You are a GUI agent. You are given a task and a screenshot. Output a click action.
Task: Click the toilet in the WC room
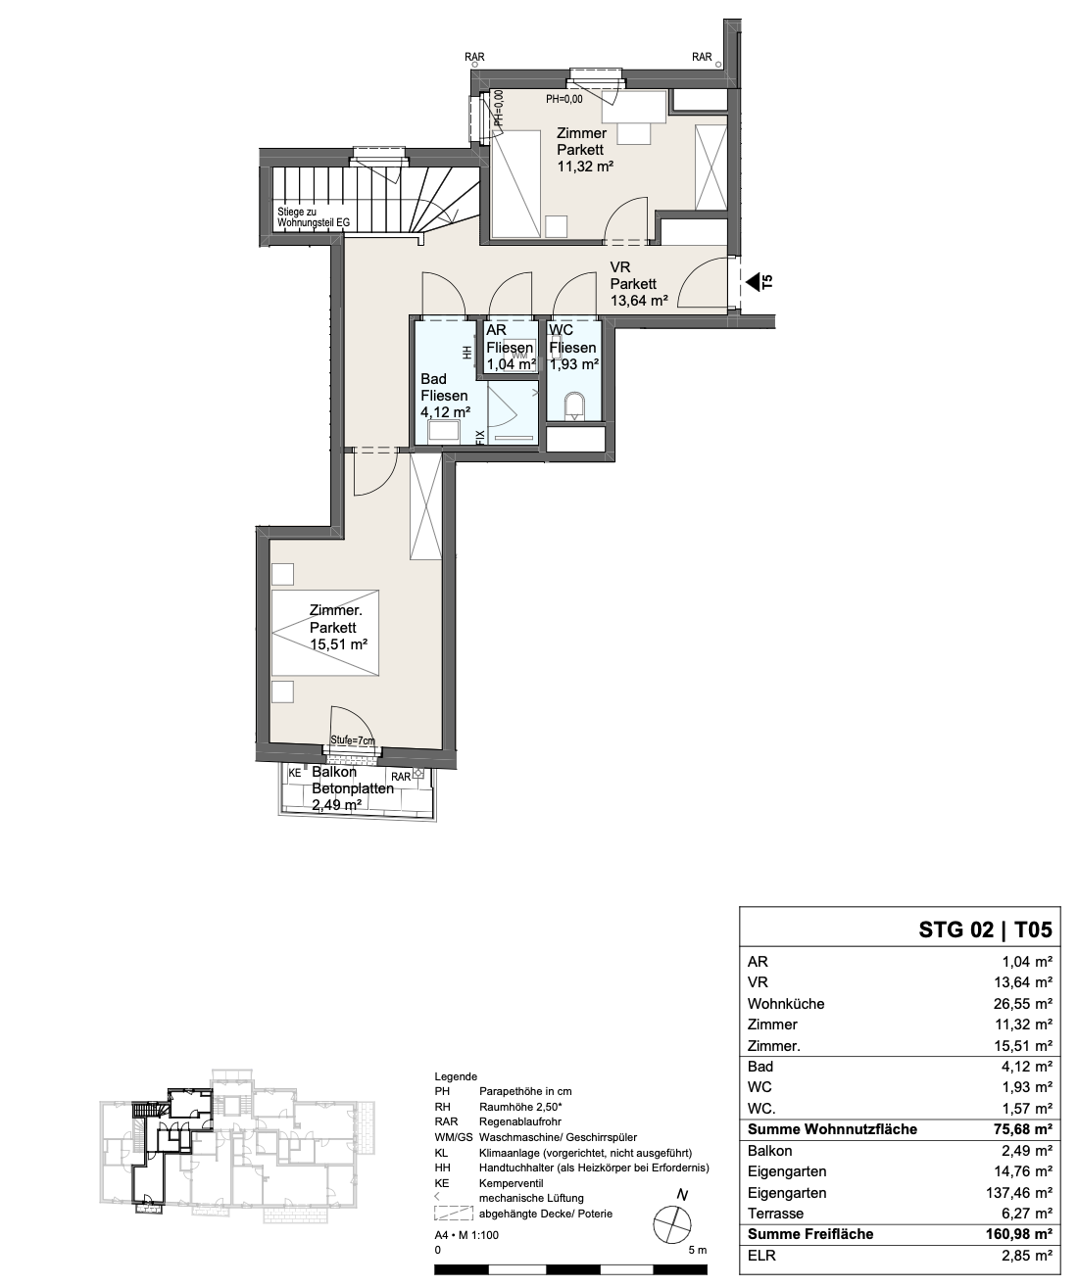[574, 406]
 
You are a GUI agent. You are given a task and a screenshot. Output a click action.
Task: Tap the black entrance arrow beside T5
[753, 283]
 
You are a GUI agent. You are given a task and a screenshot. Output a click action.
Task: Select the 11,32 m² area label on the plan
[585, 167]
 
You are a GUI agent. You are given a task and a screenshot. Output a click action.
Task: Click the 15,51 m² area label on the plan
[338, 644]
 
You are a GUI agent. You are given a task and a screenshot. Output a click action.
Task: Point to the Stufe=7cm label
[353, 740]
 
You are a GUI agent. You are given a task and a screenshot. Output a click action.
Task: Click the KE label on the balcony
[295, 773]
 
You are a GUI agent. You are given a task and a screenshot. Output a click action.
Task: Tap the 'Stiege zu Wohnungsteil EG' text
[314, 217]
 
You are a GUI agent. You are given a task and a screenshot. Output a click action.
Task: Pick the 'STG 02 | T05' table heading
[985, 929]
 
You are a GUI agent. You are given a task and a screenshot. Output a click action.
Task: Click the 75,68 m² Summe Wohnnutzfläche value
[1019, 1129]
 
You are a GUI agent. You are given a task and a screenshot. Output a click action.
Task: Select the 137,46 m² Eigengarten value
[1019, 1193]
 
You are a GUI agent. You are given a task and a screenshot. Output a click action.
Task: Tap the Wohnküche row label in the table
[786, 1004]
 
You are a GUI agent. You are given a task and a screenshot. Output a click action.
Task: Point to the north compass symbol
[672, 1224]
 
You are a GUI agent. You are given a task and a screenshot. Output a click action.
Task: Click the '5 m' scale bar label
[698, 1250]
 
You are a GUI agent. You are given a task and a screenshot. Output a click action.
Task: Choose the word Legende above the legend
[456, 1076]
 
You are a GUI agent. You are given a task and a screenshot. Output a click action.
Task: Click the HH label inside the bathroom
[467, 352]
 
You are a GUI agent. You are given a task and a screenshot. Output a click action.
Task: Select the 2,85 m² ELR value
[1027, 1256]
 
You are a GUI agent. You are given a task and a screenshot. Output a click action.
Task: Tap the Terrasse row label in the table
[775, 1214]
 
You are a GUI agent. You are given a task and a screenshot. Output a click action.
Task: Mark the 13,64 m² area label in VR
[639, 301]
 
